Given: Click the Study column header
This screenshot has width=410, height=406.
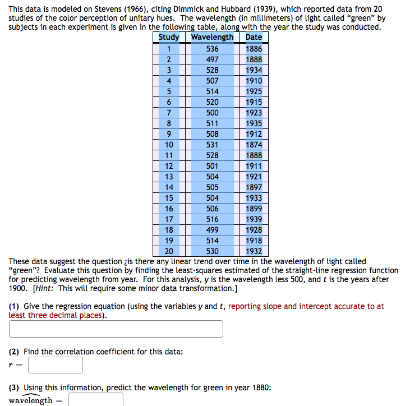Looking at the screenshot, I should click(168, 38).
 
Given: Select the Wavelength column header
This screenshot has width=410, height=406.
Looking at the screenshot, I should click(212, 38).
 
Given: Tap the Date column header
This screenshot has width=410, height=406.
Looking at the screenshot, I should click(254, 38).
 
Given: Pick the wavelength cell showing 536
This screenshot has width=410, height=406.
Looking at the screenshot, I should click(212, 49).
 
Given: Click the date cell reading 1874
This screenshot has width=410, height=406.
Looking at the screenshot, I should click(254, 145).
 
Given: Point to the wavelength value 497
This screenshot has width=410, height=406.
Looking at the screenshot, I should click(212, 59).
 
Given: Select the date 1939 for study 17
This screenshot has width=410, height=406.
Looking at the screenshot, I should click(254, 219).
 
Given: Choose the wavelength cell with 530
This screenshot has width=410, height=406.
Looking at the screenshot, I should click(212, 251).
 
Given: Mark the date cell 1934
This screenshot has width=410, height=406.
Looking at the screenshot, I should click(254, 70).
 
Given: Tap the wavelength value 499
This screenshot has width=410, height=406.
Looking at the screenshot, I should click(212, 230).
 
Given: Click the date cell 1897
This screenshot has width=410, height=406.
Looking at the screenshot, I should click(254, 187).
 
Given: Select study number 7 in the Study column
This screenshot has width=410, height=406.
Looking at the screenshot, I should click(168, 113).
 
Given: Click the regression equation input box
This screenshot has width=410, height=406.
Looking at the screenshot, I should click(116, 329).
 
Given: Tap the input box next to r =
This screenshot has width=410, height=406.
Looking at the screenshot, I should click(56, 366).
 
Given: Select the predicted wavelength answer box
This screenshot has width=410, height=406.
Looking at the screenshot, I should click(96, 400).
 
